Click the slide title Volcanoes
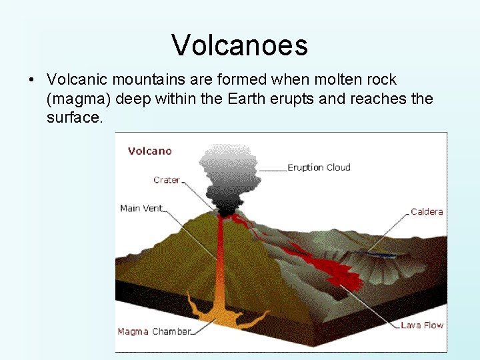tap(239, 45)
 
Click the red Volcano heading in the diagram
tap(149, 151)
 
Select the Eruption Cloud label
tap(319, 167)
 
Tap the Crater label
tap(166, 180)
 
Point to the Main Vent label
tap(141, 208)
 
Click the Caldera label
tap(427, 212)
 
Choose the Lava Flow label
tap(422, 325)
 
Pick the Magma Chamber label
tap(154, 331)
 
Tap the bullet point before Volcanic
tap(32, 81)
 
